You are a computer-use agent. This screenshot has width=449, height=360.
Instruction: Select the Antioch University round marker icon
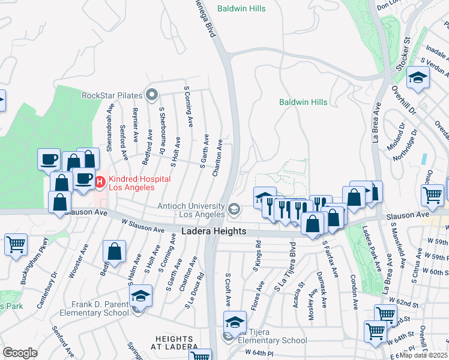[234, 209]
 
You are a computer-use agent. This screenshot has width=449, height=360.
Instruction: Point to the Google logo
[20, 352]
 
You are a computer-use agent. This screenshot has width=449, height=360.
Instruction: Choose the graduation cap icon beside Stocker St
[418, 78]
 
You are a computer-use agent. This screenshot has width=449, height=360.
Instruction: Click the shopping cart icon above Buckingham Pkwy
[16, 244]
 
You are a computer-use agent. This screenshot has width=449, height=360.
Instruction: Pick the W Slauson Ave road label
[143, 229]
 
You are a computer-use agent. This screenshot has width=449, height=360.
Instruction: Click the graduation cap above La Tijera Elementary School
[235, 321]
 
